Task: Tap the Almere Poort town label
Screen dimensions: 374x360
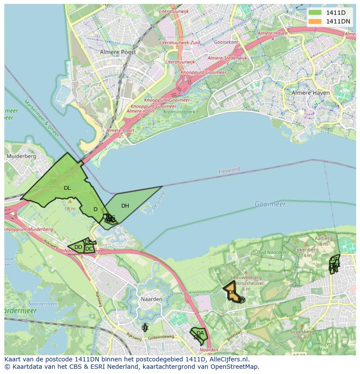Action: pos(118,52)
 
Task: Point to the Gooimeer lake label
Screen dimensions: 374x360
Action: pos(270,204)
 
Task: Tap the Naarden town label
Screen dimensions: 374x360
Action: pos(151,299)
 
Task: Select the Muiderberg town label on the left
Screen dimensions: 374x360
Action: pos(21,156)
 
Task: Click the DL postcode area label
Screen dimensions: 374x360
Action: pos(67,188)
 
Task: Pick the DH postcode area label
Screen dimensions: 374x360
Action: pos(125,206)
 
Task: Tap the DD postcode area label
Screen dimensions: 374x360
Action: pos(78,247)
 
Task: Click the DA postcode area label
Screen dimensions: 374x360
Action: pos(200,333)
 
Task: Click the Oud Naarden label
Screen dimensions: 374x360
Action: pos(271,252)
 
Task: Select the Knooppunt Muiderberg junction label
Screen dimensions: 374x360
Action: pos(28,229)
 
